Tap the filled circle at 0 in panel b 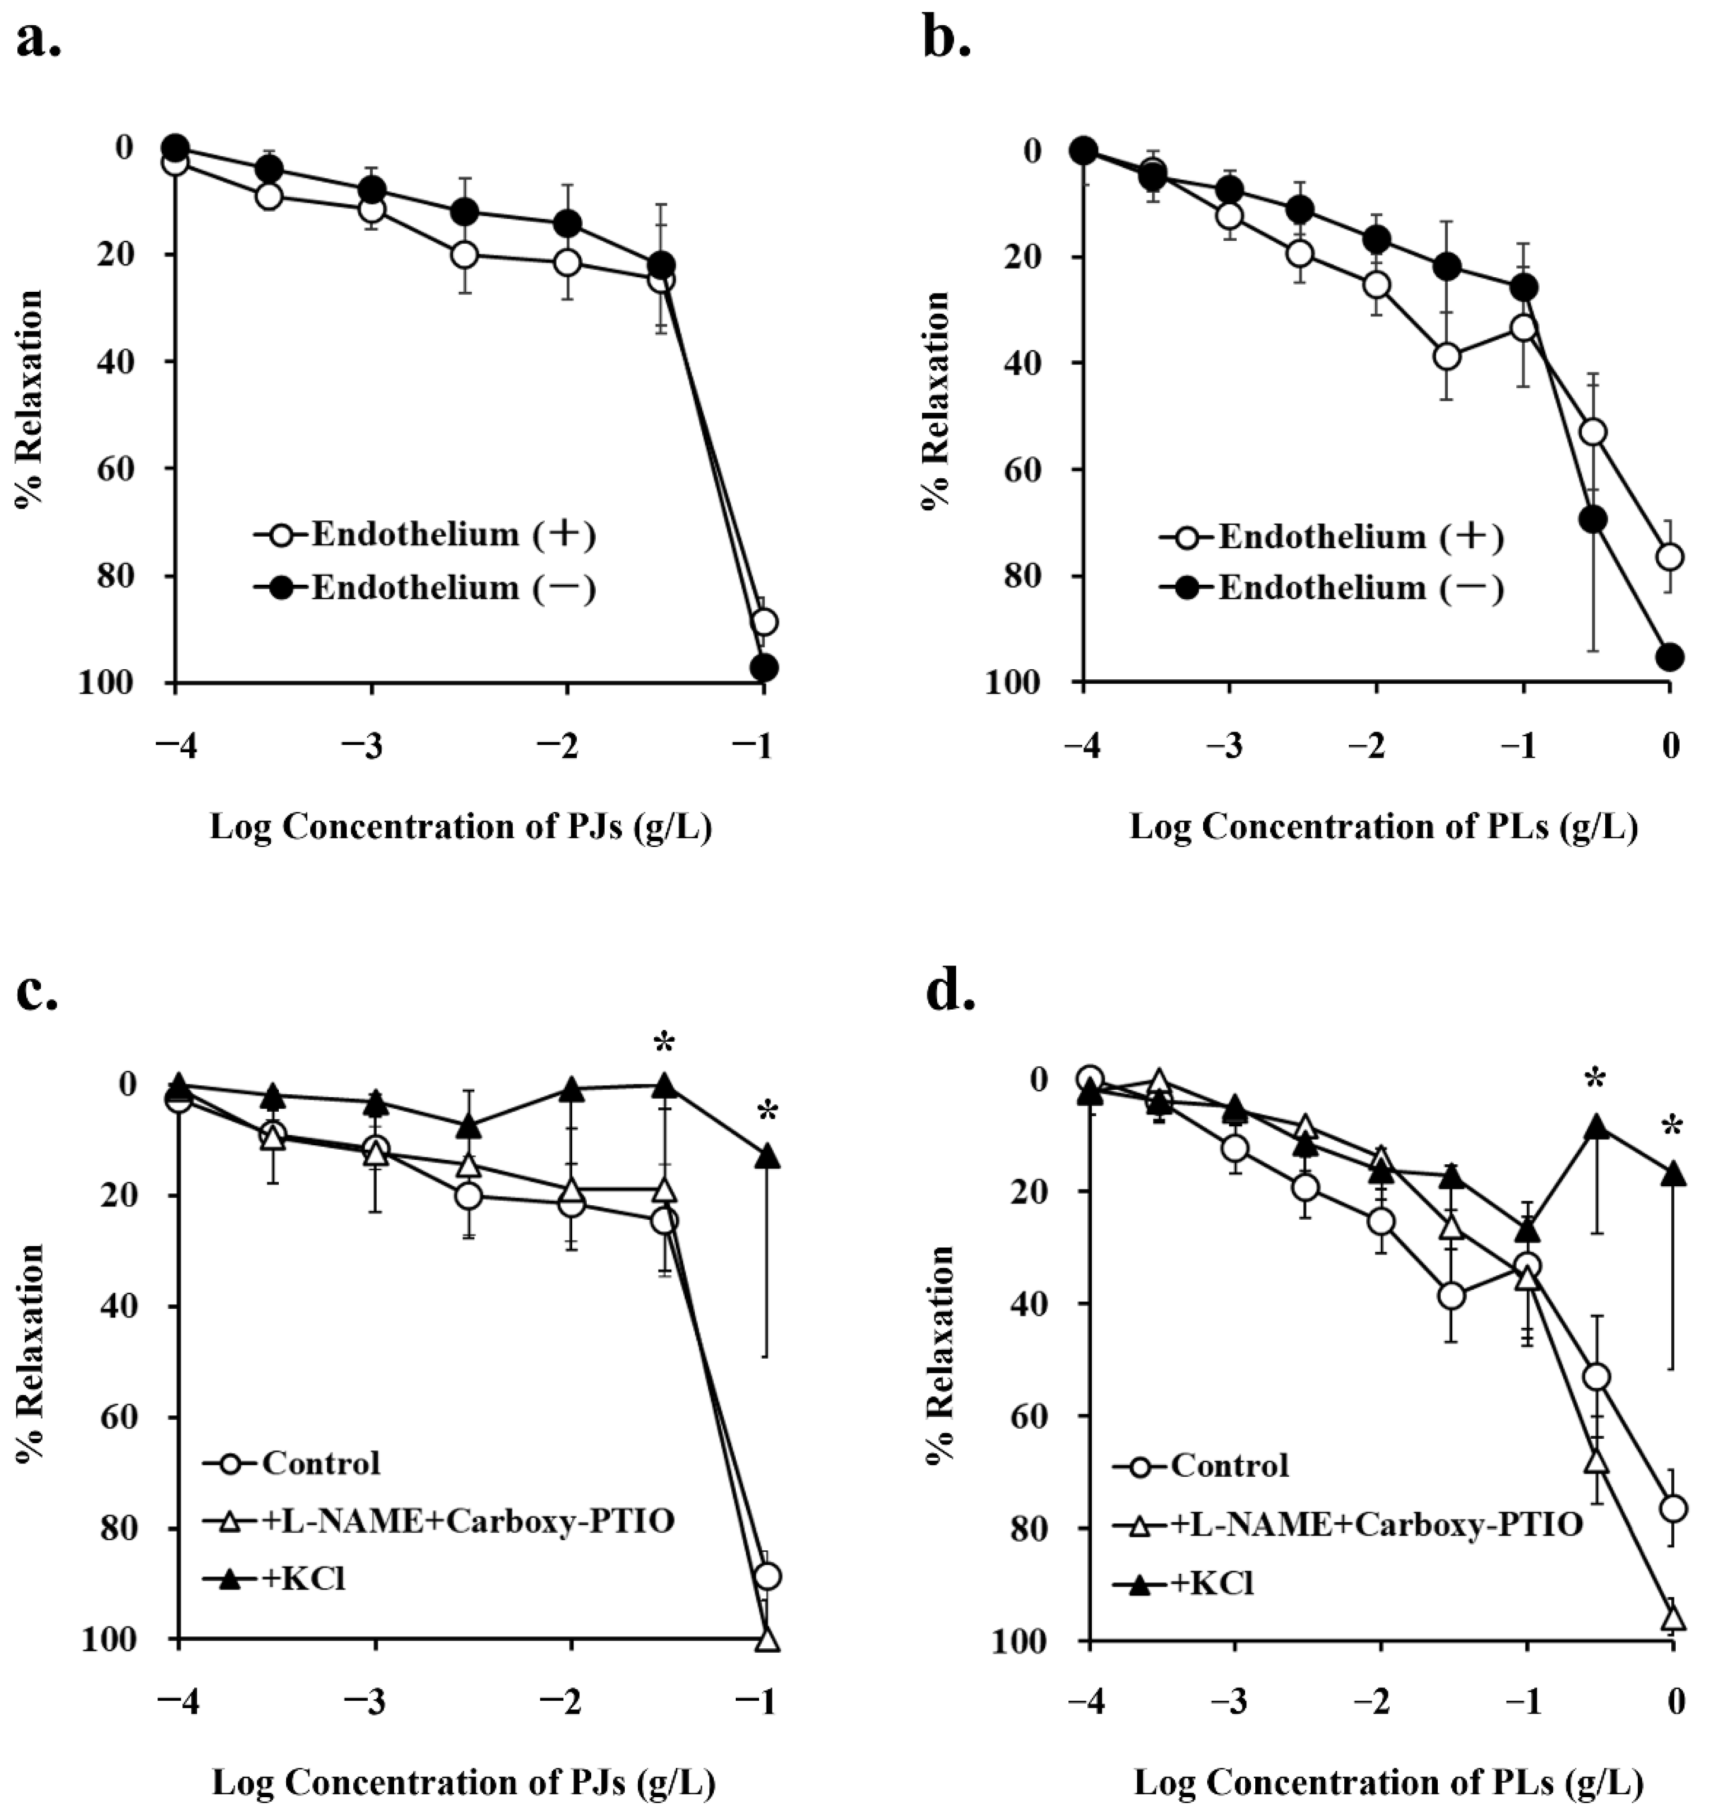tap(1671, 656)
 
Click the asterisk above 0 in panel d tap(1674, 1126)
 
